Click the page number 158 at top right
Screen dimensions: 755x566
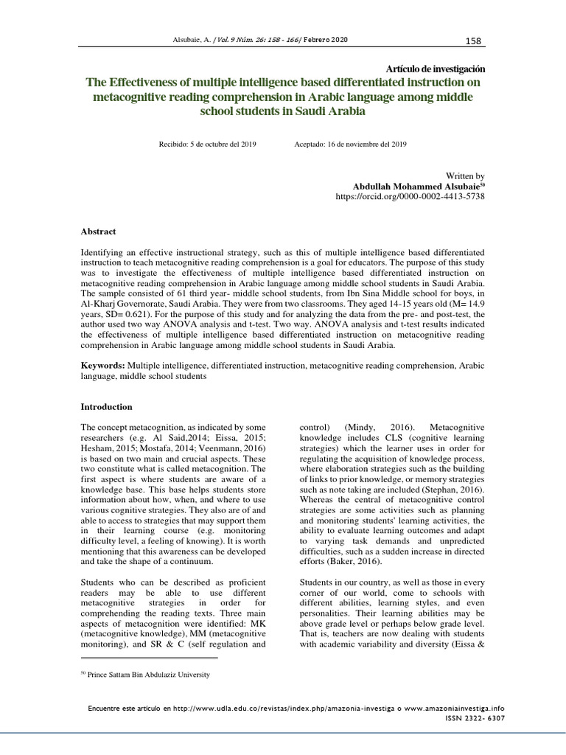475,40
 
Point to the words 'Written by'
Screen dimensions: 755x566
466,176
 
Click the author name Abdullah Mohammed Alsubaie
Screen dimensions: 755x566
417,187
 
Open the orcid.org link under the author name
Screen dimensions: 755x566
410,197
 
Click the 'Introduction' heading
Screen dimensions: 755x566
106,406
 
